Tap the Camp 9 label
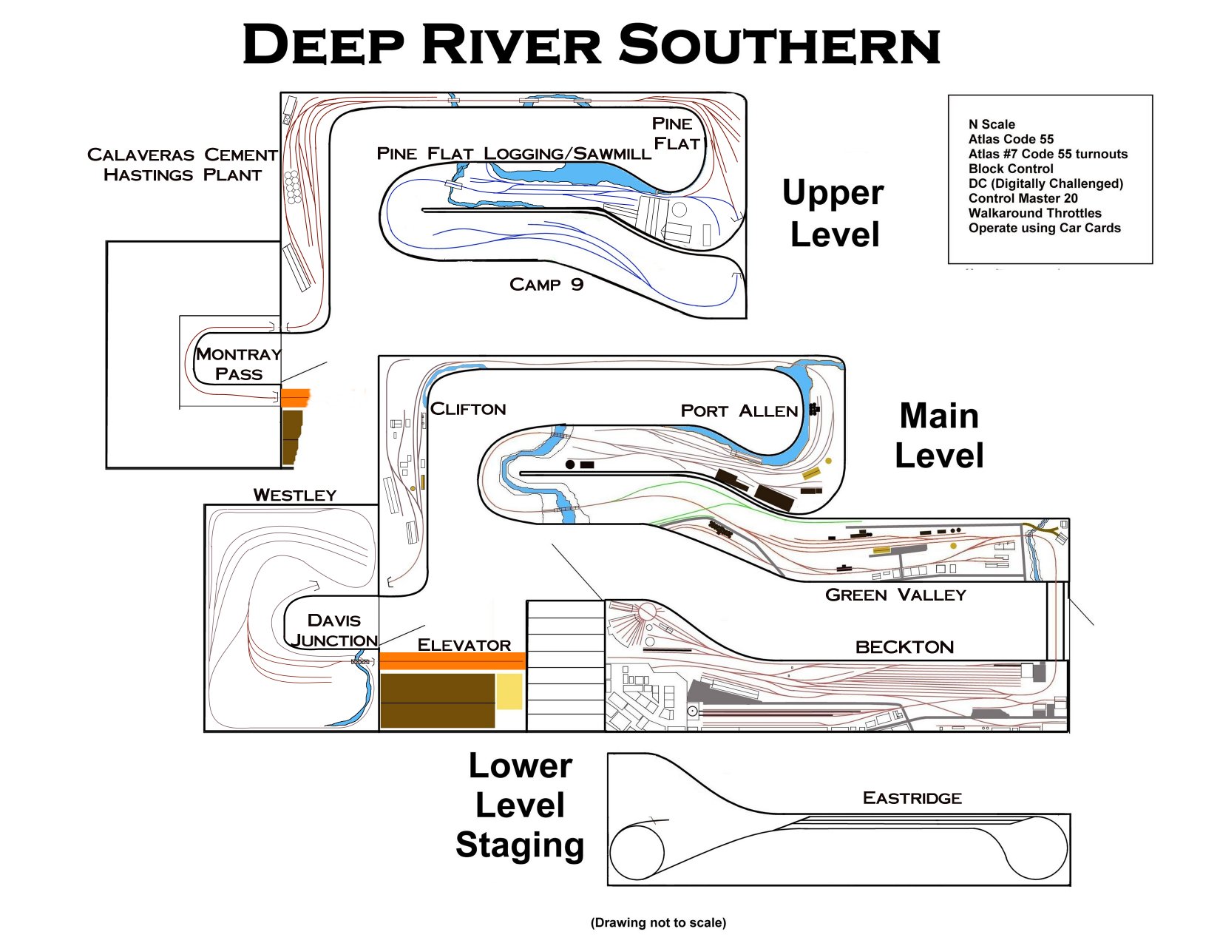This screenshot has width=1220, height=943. [x=546, y=285]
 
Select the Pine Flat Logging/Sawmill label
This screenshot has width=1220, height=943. [x=514, y=154]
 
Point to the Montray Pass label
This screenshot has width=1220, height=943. [x=238, y=364]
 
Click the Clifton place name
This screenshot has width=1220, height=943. [x=468, y=409]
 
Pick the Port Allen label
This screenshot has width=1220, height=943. [x=739, y=411]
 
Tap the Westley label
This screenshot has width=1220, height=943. [x=294, y=495]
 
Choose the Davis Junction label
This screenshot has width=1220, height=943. [x=334, y=630]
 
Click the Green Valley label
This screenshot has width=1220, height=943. [x=895, y=595]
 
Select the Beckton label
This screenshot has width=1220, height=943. [x=904, y=647]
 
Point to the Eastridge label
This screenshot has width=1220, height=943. [x=912, y=798]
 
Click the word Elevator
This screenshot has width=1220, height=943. [x=464, y=645]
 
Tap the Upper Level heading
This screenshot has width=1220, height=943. [x=833, y=214]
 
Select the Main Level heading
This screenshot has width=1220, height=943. [x=939, y=436]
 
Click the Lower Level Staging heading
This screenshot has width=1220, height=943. [x=520, y=805]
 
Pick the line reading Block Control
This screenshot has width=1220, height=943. [x=1011, y=169]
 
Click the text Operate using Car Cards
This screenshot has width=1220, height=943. [x=1044, y=228]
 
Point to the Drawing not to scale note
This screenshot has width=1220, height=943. [x=658, y=922]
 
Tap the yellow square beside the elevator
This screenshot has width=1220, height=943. [x=509, y=692]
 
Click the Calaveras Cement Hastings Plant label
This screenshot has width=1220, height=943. [x=182, y=165]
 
